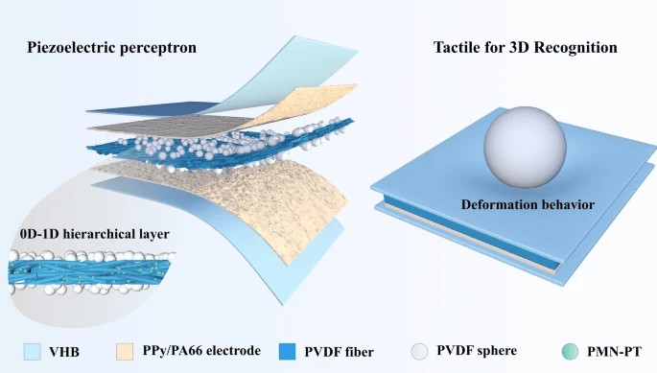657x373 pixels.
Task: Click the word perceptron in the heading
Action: (x=158, y=48)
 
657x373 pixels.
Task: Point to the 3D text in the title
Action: (x=520, y=47)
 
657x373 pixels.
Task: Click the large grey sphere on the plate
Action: (x=525, y=147)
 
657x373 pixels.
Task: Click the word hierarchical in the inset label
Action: (x=97, y=234)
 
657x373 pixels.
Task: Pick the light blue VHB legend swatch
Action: (x=33, y=352)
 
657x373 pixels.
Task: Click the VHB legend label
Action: (x=64, y=352)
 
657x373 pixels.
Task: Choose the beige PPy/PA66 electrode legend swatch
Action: (x=125, y=352)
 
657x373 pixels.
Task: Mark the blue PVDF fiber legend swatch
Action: (x=287, y=352)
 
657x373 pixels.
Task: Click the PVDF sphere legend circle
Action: (x=419, y=352)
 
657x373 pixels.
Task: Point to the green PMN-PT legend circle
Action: (x=570, y=352)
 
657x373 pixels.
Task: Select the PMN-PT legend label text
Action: (x=614, y=352)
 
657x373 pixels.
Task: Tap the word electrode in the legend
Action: (x=234, y=350)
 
